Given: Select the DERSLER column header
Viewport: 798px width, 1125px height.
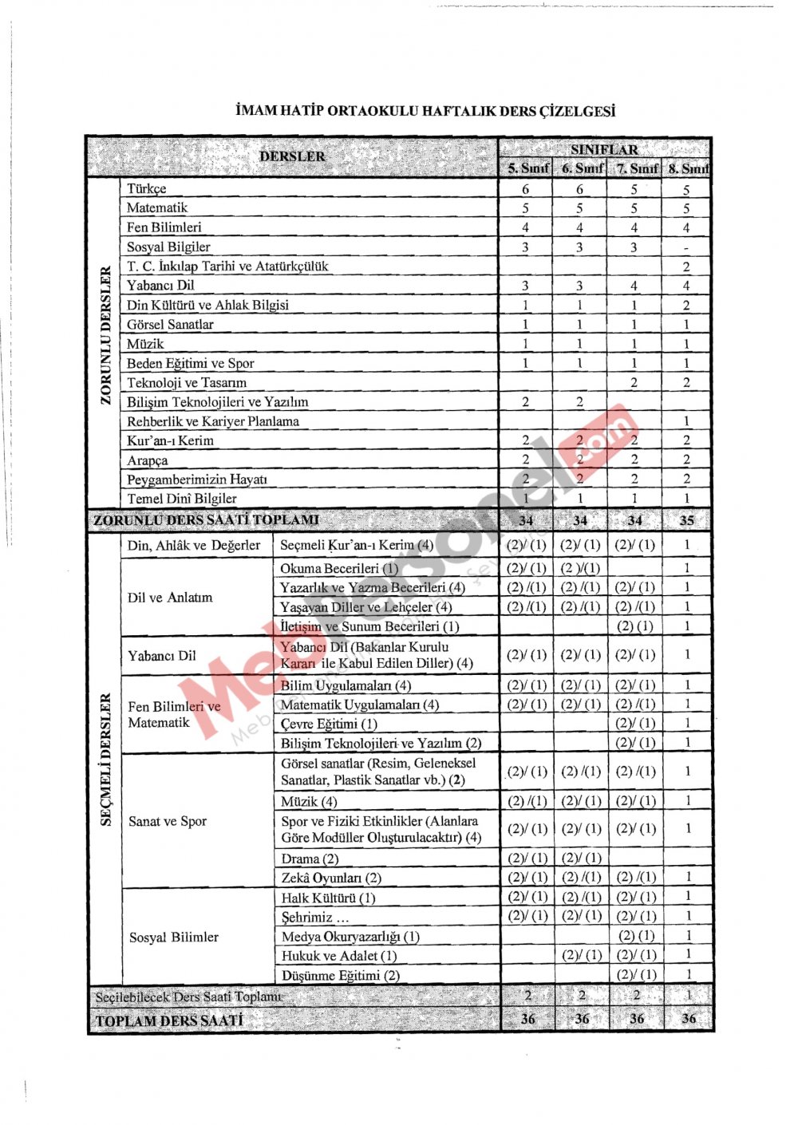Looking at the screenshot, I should pyautogui.click(x=292, y=156).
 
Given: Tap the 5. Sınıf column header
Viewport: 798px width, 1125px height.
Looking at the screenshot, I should pyautogui.click(x=527, y=168).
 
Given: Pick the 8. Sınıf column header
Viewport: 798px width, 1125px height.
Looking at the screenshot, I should pyautogui.click(x=688, y=168).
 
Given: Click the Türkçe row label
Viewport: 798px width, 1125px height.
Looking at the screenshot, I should pyautogui.click(x=147, y=189).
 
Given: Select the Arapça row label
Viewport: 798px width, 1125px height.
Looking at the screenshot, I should pyautogui.click(x=148, y=460).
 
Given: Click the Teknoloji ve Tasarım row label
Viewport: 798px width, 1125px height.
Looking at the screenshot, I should pyautogui.click(x=187, y=383).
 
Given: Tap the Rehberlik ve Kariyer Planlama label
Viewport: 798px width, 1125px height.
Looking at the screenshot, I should pyautogui.click(x=213, y=421).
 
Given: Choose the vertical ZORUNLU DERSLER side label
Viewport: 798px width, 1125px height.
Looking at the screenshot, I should pyautogui.click(x=105, y=335).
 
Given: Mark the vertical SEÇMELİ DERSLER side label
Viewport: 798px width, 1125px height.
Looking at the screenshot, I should pyautogui.click(x=105, y=760).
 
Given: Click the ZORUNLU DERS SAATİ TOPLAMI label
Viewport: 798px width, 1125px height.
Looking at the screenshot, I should pyautogui.click(x=206, y=520).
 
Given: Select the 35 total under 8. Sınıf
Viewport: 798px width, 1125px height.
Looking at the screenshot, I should pyautogui.click(x=686, y=520).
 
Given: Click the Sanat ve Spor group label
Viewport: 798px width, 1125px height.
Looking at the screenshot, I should pyautogui.click(x=168, y=821).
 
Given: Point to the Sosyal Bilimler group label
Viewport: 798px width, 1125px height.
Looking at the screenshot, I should pyautogui.click(x=174, y=937).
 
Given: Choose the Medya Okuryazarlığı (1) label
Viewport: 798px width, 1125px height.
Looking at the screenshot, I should pyautogui.click(x=350, y=937).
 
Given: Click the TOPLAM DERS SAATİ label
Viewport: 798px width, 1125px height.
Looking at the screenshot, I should pyautogui.click(x=169, y=1020).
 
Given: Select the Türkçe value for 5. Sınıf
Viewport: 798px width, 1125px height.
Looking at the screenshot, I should pyautogui.click(x=526, y=190).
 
